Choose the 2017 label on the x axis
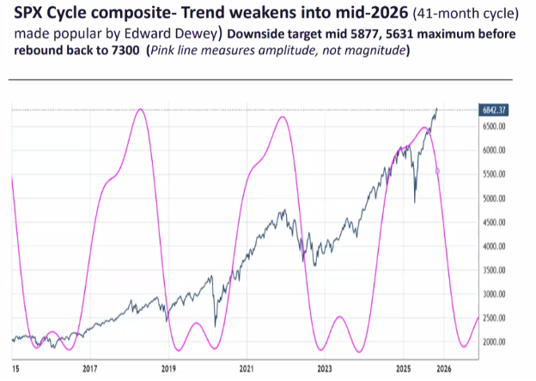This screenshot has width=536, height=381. pos(89,369)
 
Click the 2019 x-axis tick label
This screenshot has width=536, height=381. pos(167,369)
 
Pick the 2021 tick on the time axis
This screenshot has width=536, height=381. pos(247,369)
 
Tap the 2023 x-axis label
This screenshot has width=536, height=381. pos(325,369)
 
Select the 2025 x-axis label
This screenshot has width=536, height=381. pos(403,369)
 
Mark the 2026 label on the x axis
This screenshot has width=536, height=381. pos(443,369)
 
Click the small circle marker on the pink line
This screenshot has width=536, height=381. pos(438,172)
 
